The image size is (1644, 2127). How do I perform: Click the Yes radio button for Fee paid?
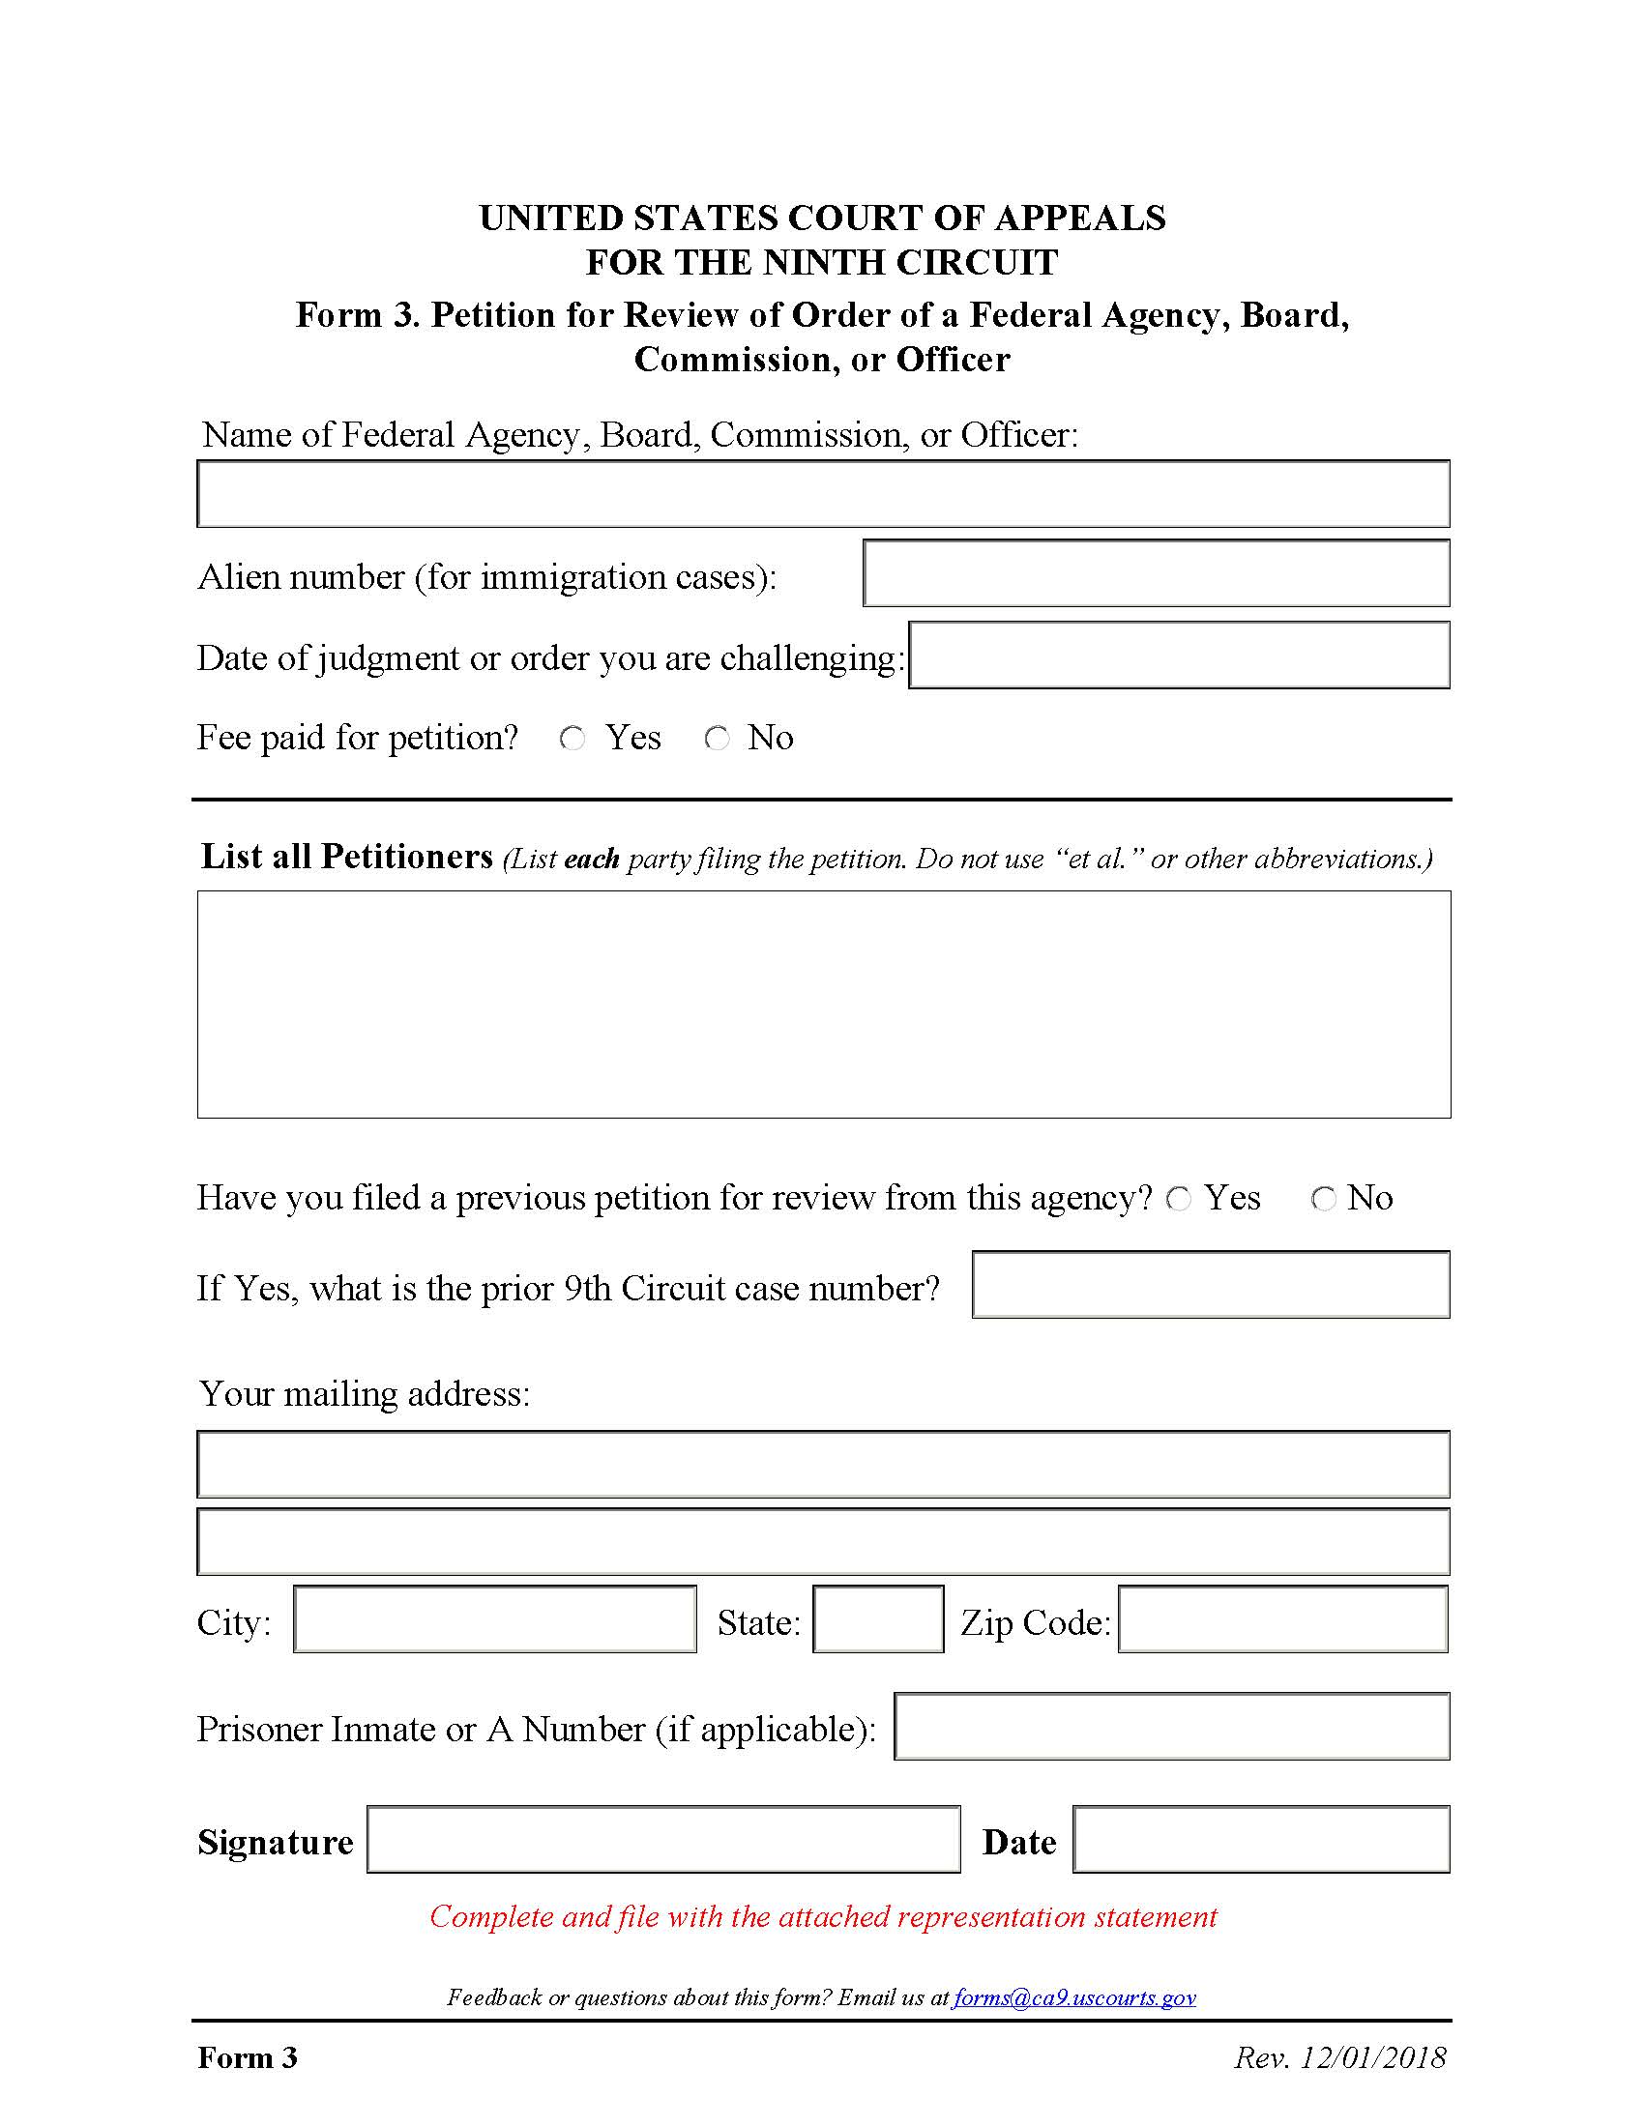pos(572,740)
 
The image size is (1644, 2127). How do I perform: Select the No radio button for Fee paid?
pos(717,740)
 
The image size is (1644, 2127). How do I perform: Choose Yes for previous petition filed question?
pos(1179,1199)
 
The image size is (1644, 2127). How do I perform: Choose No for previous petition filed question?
pos(1323,1199)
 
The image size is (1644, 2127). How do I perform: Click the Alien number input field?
pos(1156,573)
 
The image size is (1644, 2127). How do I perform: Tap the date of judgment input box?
pos(1179,656)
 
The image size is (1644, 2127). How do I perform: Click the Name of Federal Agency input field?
pos(823,495)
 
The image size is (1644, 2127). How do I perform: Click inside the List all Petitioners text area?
pos(823,1005)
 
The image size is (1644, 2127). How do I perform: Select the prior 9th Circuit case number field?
pos(1211,1285)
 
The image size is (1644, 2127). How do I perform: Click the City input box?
pos(495,1619)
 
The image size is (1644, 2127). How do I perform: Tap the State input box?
pos(877,1619)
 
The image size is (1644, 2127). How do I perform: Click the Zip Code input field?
pos(1282,1619)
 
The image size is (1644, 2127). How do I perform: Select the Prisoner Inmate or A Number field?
pos(1172,1727)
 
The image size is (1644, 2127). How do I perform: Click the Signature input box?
pos(663,1840)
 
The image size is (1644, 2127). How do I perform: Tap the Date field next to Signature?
pos(1261,1840)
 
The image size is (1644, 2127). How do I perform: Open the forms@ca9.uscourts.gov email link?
pos(1074,1998)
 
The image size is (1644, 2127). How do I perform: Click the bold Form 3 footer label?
pos(248,2057)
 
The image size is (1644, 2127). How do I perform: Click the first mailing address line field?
pos(823,1465)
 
